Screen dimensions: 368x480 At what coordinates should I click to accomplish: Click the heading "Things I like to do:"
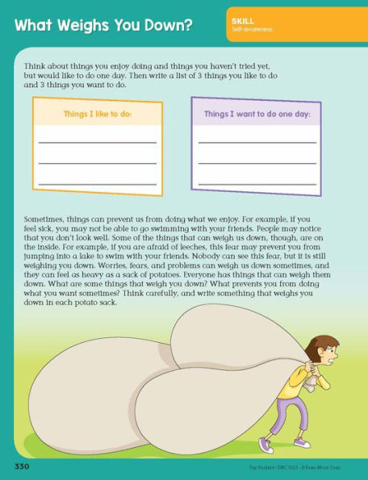tap(97, 115)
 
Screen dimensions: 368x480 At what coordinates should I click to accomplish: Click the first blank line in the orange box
tap(97, 142)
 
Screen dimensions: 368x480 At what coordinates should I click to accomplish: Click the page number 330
tap(21, 467)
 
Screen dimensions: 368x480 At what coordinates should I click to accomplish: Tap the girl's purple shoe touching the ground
tap(301, 443)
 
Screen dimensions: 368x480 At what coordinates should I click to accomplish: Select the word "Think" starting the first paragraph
tap(36, 61)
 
